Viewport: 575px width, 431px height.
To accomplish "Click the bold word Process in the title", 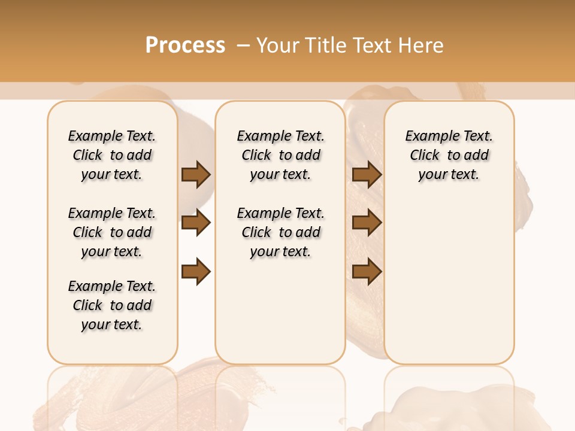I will (x=185, y=45).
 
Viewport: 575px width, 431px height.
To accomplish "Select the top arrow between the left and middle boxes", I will (x=196, y=175).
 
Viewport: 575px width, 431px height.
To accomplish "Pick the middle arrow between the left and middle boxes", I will (x=196, y=223).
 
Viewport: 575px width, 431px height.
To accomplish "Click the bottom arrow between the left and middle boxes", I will (x=196, y=272).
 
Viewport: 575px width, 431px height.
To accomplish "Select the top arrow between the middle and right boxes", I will (x=367, y=175).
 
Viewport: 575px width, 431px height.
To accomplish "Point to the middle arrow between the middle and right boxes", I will (x=367, y=223).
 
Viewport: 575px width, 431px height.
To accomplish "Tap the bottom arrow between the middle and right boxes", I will (x=367, y=272).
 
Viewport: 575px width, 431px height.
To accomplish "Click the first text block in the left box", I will (x=112, y=155).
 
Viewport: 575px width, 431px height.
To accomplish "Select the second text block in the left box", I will (x=112, y=232).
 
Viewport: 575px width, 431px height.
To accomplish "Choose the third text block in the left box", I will (x=112, y=305).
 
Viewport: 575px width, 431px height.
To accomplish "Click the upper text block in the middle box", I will (x=280, y=155).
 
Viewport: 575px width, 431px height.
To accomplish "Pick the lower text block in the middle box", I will (x=280, y=232).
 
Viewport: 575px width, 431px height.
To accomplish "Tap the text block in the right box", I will (x=449, y=155).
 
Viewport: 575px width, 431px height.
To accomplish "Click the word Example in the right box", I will (x=428, y=136).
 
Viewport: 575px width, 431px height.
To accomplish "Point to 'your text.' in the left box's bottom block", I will (x=112, y=324).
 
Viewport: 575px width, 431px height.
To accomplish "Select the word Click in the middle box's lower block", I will (x=256, y=232).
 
